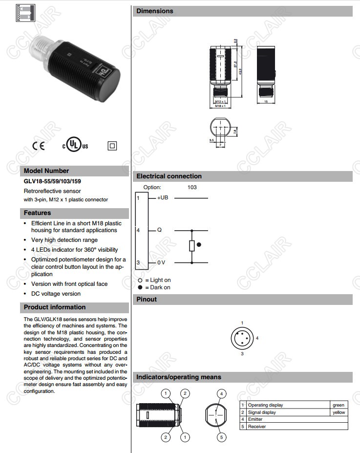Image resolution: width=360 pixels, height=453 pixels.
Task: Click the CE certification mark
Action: point(38,146)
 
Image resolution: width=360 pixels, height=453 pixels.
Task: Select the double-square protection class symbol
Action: point(112,145)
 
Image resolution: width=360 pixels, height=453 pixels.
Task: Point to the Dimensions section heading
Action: point(154,11)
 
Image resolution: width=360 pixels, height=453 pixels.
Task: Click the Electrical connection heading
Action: point(169,176)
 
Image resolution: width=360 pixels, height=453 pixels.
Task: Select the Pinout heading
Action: point(147,300)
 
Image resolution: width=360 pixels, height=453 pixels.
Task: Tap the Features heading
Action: point(37,213)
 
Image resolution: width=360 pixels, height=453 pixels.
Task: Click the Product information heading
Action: point(55,307)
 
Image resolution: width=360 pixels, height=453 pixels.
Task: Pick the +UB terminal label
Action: point(163,198)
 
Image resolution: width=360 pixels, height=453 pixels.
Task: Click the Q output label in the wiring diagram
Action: point(159,230)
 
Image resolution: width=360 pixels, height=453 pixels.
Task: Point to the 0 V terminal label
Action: point(161,263)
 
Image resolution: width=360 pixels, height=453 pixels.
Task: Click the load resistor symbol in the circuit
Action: point(192,246)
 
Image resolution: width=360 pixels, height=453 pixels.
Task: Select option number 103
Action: point(192,187)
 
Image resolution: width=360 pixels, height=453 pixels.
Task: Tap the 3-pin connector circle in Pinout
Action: point(242,338)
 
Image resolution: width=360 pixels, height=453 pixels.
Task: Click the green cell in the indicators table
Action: point(339,405)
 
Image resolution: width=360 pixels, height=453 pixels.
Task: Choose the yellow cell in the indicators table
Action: point(339,412)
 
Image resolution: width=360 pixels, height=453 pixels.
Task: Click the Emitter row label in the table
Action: point(255,419)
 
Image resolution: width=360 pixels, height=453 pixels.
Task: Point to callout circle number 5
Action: point(221,437)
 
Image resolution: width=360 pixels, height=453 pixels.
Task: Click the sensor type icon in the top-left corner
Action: point(19,12)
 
